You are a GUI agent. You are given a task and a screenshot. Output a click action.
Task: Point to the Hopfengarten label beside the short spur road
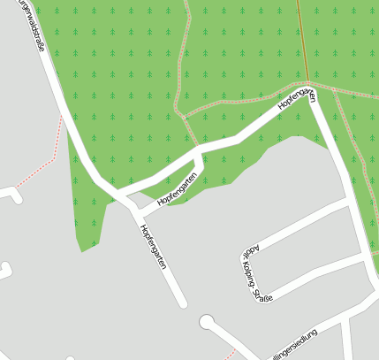(176, 192)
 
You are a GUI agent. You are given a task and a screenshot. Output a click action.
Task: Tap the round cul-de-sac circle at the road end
(207, 322)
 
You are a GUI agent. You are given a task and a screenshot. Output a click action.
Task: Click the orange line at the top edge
(299, 18)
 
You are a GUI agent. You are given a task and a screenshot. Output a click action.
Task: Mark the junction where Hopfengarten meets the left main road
(119, 194)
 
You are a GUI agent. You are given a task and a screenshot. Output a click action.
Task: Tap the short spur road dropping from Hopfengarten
(200, 164)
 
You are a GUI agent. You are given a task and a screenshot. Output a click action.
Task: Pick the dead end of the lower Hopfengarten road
(183, 304)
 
